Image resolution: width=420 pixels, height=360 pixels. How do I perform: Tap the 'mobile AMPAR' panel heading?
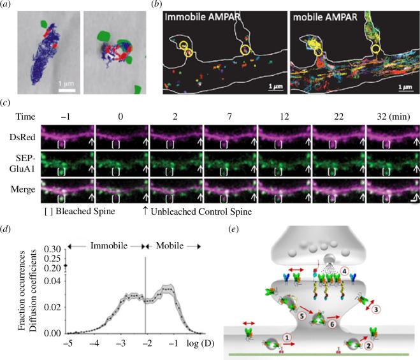326,20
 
